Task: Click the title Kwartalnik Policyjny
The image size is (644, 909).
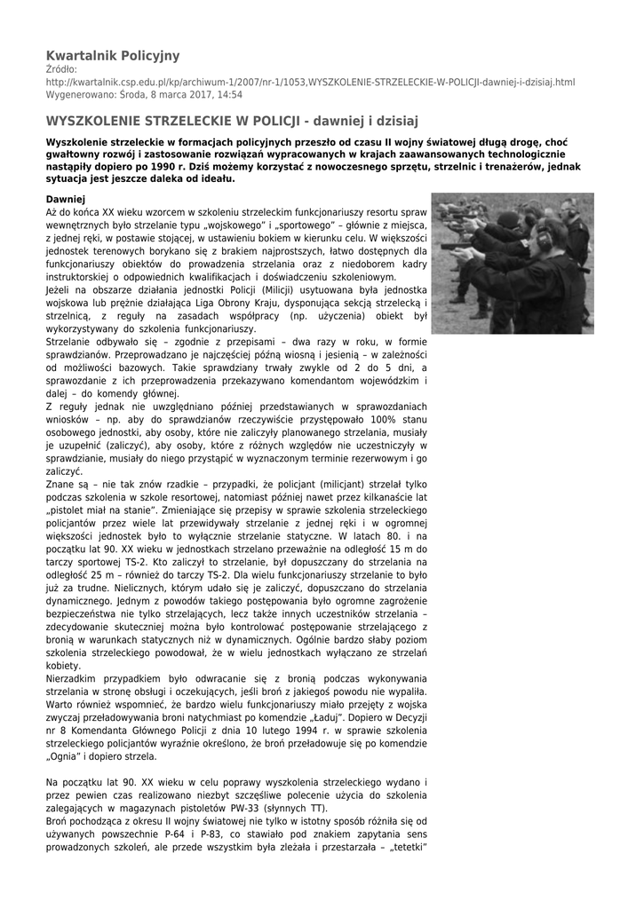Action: click(x=112, y=56)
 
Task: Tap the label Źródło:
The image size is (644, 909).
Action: click(x=62, y=69)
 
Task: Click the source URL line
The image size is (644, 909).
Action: click(x=310, y=82)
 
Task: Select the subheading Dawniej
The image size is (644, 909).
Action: click(x=65, y=200)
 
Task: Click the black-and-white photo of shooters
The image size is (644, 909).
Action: click(x=513, y=264)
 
